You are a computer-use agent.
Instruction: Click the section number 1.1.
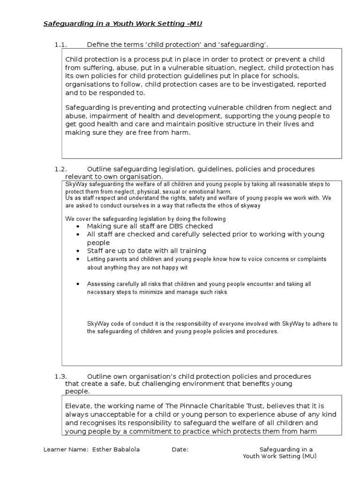pyautogui.click(x=61, y=45)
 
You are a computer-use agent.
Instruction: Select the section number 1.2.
pyautogui.click(x=61, y=169)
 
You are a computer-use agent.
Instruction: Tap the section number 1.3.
pyautogui.click(x=61, y=376)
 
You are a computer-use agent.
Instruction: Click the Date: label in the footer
pyautogui.click(x=180, y=449)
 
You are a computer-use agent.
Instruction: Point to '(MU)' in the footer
pyautogui.click(x=309, y=456)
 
